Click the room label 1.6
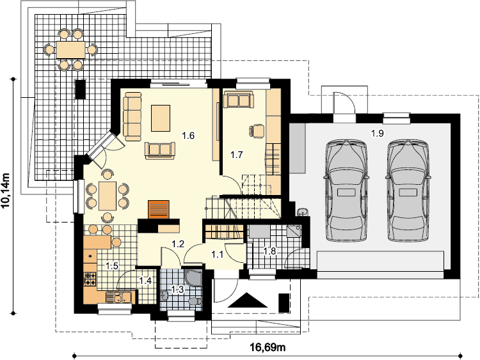tap(188, 136)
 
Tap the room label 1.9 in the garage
tap(377, 134)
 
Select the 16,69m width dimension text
tap(268, 347)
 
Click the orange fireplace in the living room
tap(159, 210)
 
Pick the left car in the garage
tap(346, 190)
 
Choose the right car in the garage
tap(408, 190)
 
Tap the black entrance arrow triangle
tap(248, 300)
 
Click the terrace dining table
tap(70, 50)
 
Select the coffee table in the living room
tap(161, 118)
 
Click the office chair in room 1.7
tap(257, 130)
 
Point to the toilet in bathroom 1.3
tap(195, 301)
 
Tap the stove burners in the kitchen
tap(90, 279)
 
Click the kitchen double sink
tap(119, 297)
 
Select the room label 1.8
tap(270, 251)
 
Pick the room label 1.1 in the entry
tap(218, 254)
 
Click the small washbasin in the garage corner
tap(303, 212)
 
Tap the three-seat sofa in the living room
tap(132, 116)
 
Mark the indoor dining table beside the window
tap(107, 196)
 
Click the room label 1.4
tap(145, 281)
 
